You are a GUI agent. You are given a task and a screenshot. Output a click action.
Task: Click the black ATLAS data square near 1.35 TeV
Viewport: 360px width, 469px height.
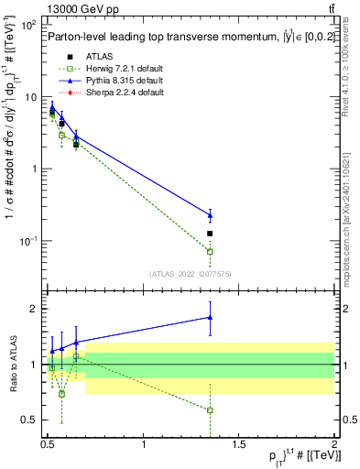[210, 234]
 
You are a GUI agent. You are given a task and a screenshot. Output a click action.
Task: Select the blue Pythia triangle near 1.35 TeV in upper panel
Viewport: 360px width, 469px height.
[210, 215]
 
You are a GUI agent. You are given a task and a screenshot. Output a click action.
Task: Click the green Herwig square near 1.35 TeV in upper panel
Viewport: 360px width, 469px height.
[210, 251]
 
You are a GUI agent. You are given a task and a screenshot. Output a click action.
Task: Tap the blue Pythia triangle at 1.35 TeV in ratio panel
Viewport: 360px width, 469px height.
[210, 317]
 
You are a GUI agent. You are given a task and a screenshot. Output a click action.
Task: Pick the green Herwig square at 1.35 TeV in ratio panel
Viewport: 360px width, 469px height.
[210, 410]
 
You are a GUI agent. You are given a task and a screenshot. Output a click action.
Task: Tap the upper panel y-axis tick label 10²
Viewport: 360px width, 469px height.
[30, 25]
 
